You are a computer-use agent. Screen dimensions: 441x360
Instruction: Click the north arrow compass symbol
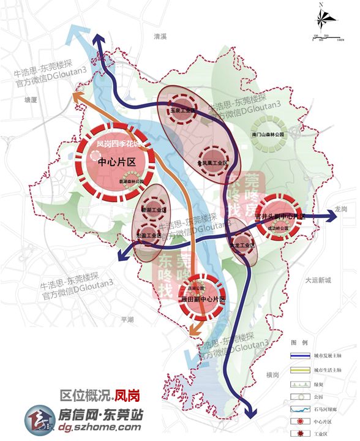coord(322,18)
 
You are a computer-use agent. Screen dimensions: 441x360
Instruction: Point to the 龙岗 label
coord(341,209)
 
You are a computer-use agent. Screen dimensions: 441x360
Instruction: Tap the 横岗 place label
coord(272,374)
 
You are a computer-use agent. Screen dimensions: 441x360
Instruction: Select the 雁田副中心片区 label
coord(203,300)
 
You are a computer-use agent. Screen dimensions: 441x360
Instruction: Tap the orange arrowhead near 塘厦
coord(78,97)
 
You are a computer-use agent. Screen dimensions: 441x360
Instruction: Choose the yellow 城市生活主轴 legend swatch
coord(299,370)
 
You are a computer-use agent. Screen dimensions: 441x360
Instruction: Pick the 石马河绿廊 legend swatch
coord(299,409)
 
